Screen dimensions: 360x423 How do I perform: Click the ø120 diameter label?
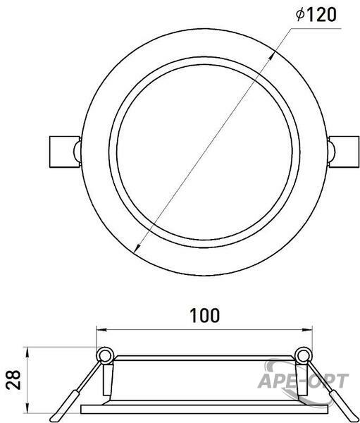coord(316,15)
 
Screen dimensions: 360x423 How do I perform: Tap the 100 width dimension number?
coord(205,315)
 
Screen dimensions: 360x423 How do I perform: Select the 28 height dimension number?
coord(13,380)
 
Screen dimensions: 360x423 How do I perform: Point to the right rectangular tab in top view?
coord(344,152)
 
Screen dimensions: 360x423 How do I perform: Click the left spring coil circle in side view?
coord(105,355)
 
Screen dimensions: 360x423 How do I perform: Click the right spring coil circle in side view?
coord(303,356)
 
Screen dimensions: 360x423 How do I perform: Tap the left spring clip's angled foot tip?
coord(54,419)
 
